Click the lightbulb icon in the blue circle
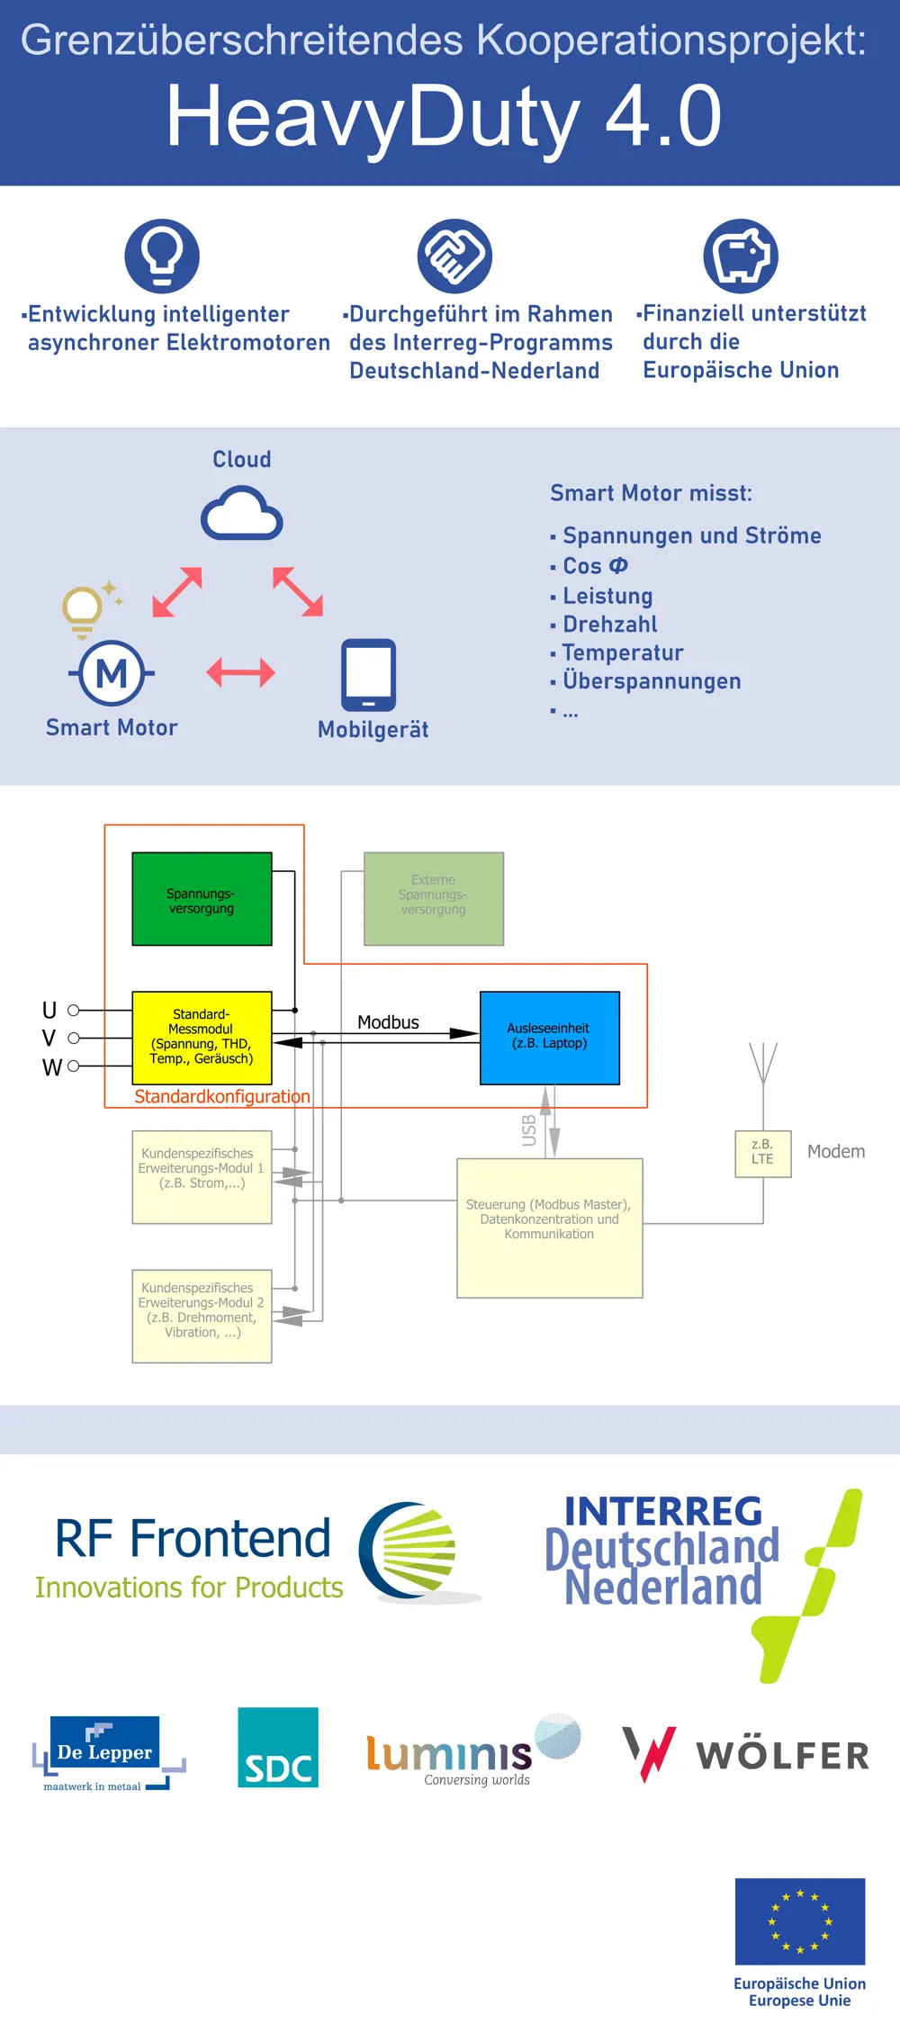point(162,256)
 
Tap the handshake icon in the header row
point(454,256)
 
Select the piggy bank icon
point(741,256)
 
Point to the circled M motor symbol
point(112,673)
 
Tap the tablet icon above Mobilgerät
point(368,675)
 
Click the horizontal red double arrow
point(240,672)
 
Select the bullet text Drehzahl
point(610,625)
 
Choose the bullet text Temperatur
point(623,652)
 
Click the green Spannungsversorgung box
point(202,899)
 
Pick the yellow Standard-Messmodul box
point(202,1038)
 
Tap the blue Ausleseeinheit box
point(549,1038)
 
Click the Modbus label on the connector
point(388,1022)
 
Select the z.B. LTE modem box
point(763,1154)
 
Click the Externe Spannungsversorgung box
point(434,899)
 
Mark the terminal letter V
point(49,1039)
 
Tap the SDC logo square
point(278,1747)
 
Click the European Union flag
point(800,1921)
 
